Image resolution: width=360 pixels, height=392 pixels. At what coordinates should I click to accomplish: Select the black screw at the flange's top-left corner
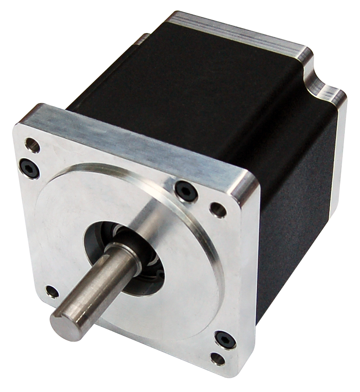[x=30, y=167]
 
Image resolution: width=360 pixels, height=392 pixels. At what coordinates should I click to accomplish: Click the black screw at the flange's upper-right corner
[x=185, y=190]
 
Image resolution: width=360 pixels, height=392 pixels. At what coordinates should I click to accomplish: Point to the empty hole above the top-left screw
[x=32, y=144]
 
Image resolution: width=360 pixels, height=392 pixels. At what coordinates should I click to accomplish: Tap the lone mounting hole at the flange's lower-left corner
[x=52, y=292]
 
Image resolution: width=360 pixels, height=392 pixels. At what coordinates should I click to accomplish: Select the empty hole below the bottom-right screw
[x=218, y=358]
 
